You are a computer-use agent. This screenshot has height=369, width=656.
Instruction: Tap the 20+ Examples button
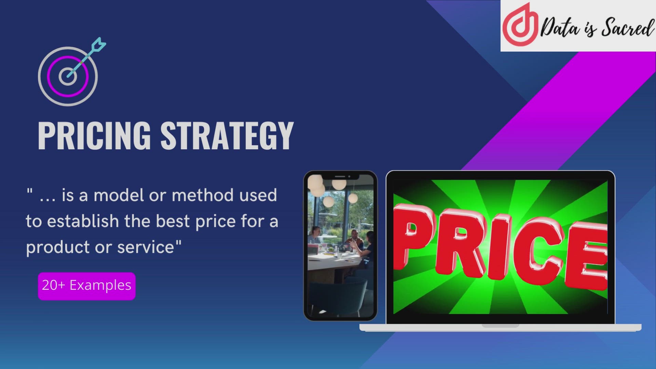[86, 286]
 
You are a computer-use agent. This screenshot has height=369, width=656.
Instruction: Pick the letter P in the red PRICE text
[413, 236]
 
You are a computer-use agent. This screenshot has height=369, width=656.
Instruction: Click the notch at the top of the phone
[340, 177]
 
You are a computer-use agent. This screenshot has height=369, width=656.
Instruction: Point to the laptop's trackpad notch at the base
[500, 326]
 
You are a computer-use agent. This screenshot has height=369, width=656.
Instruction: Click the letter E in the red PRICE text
[588, 256]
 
